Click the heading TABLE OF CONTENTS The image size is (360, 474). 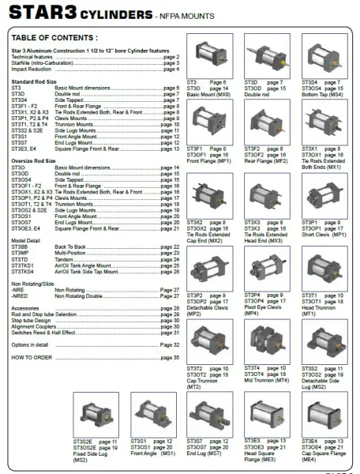55,37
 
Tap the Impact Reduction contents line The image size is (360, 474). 31,69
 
